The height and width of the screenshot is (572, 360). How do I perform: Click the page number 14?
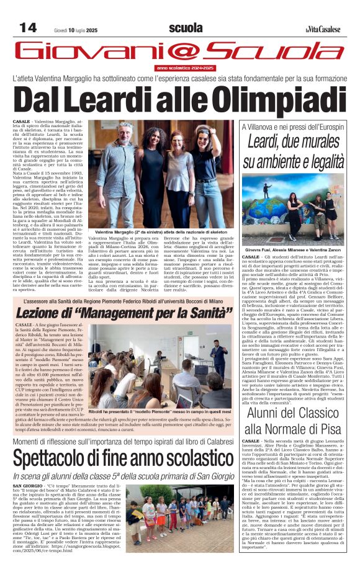(28, 27)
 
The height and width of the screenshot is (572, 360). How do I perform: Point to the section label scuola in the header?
(186, 28)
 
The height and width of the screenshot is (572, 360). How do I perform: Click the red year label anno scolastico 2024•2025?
(185, 67)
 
